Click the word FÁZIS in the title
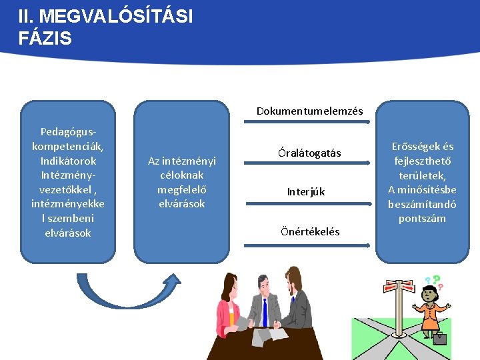45,38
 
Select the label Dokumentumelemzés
309,111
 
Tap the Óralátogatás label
309,153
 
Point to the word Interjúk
306,192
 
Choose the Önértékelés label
310,232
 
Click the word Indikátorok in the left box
68,161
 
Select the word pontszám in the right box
422,219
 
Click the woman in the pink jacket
229,307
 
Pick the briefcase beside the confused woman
439,338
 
